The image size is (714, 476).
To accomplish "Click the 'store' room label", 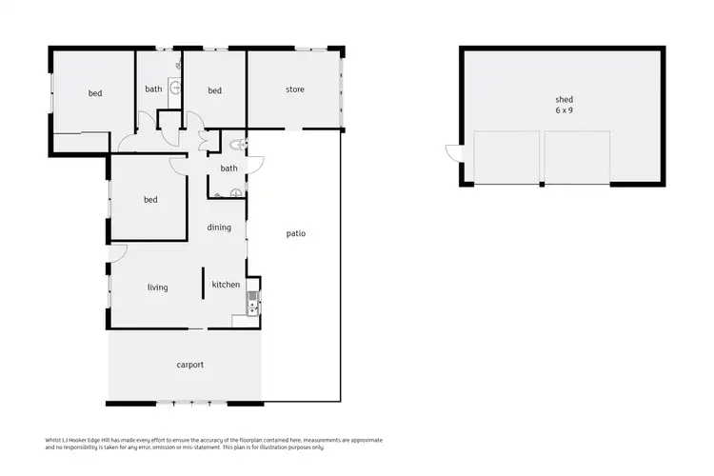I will [295, 90].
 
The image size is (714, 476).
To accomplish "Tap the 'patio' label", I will [296, 233].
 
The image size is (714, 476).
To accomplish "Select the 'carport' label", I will [190, 365].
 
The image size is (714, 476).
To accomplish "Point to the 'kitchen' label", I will [226, 285].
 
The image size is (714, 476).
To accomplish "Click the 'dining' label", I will [219, 228].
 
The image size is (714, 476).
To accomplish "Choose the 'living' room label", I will [157, 287].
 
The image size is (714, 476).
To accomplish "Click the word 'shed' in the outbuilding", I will [565, 99].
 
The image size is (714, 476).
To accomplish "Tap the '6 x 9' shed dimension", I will [565, 110].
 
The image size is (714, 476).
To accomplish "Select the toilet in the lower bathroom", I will [237, 146].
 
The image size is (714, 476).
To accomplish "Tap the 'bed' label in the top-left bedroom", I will [95, 93].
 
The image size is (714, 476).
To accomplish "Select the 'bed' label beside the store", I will [215, 91].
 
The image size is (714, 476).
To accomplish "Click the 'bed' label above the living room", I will [150, 200].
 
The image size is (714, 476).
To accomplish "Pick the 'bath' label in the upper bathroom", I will [153, 89].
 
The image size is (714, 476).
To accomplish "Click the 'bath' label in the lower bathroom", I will [228, 169].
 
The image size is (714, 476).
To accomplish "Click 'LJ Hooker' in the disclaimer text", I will [71, 440].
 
